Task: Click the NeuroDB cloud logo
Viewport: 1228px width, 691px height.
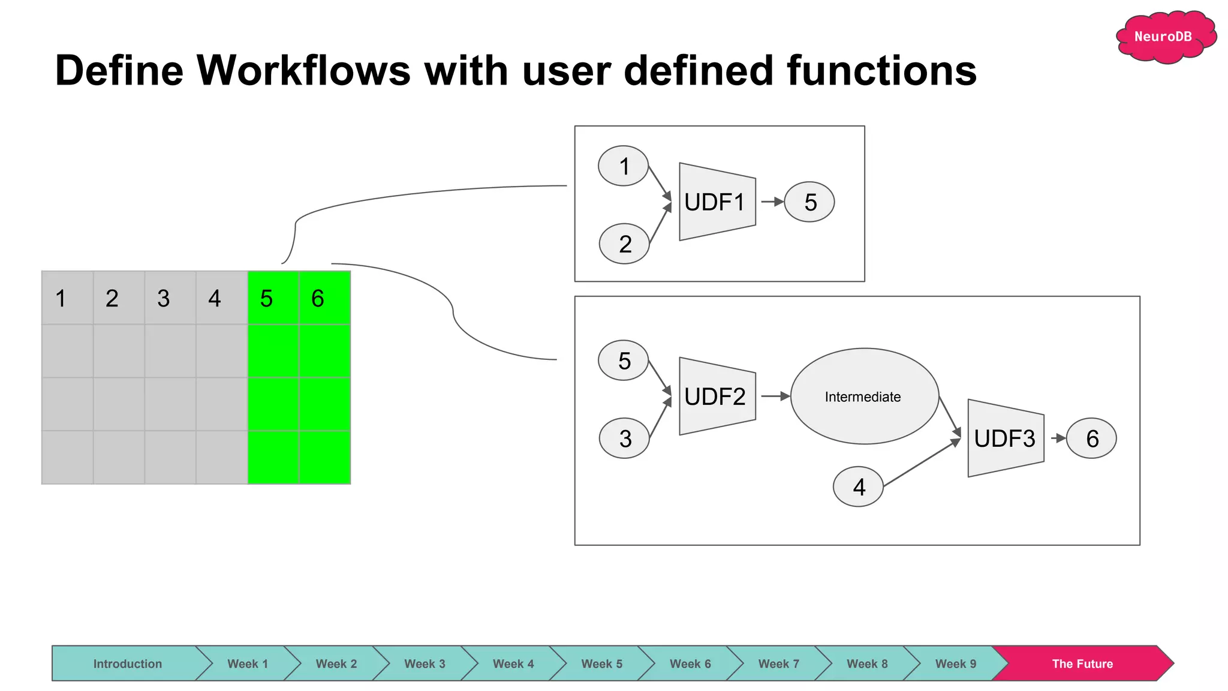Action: pos(1165,37)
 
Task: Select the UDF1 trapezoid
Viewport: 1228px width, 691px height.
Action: pos(717,202)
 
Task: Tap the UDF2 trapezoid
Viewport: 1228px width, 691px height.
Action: pos(717,396)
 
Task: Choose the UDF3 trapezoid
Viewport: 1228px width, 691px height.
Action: pos(1006,438)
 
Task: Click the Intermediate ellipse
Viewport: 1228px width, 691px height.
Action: pos(864,396)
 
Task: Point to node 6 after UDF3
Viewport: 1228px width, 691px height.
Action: pos(1091,438)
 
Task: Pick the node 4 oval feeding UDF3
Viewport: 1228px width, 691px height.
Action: pos(858,486)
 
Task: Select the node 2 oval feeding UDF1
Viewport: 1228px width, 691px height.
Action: pos(624,244)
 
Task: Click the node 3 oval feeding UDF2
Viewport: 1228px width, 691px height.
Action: pos(624,438)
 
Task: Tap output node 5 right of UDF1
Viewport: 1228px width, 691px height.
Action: pos(809,202)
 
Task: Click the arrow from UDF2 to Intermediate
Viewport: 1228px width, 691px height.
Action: pos(775,396)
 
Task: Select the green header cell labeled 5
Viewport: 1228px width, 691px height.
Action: pos(273,298)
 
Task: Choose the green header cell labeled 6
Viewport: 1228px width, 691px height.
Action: pos(324,298)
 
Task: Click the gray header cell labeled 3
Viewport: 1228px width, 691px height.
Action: pos(170,298)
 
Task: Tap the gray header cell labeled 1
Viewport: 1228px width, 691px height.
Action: pos(67,298)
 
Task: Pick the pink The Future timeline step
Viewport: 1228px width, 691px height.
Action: pos(1082,663)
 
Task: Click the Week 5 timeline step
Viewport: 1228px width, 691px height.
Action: pos(601,663)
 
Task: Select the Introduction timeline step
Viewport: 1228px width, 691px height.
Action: pos(127,663)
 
